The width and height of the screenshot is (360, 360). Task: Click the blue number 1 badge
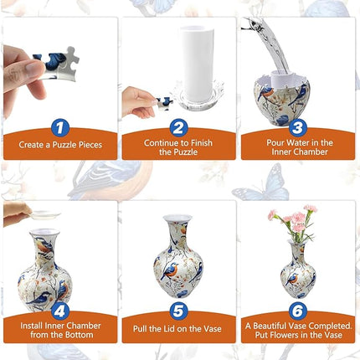tap(59, 128)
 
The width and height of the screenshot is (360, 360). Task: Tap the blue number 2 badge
tap(178, 128)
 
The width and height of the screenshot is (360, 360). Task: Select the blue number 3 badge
tap(296, 128)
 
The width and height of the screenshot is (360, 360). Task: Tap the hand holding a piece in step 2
tap(138, 100)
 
